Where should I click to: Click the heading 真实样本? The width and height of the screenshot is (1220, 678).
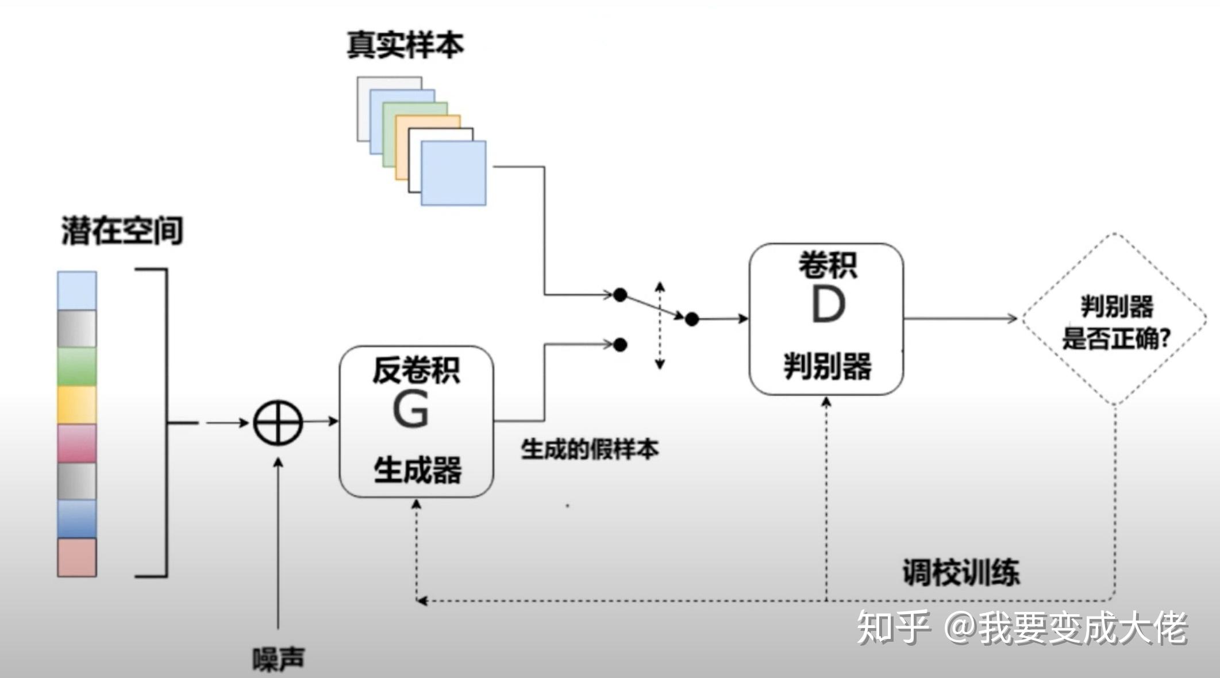[405, 45]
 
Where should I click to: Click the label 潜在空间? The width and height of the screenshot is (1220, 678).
[122, 231]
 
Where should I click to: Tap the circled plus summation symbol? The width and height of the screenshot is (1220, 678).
[278, 423]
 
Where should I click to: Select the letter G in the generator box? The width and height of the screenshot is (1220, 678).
[410, 409]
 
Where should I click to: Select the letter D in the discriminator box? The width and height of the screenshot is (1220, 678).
[828, 305]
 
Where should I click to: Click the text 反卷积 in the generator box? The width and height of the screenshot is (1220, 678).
[416, 371]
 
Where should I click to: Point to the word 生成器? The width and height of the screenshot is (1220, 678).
[417, 469]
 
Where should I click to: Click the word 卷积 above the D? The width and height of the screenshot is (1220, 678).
[828, 265]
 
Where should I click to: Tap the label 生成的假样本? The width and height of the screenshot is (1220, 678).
[590, 449]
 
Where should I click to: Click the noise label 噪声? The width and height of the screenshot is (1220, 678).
[279, 659]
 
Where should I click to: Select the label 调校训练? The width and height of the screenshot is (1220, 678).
[961, 572]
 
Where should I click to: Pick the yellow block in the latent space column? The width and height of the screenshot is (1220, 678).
[77, 405]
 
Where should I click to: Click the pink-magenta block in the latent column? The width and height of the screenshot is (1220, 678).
[77, 443]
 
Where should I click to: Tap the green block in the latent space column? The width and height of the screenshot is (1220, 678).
[77, 366]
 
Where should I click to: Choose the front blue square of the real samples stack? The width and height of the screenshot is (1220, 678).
[453, 173]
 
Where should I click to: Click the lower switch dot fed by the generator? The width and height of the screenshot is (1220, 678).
[620, 345]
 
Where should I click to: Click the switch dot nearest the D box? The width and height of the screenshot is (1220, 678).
[692, 319]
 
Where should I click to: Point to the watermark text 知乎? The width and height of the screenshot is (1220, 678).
[892, 627]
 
